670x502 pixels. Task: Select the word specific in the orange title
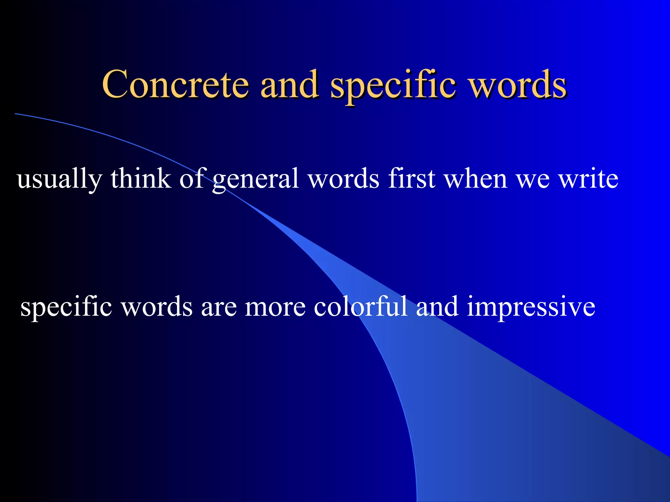click(x=393, y=86)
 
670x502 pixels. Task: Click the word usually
click(x=59, y=179)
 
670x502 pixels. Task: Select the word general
click(x=255, y=180)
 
